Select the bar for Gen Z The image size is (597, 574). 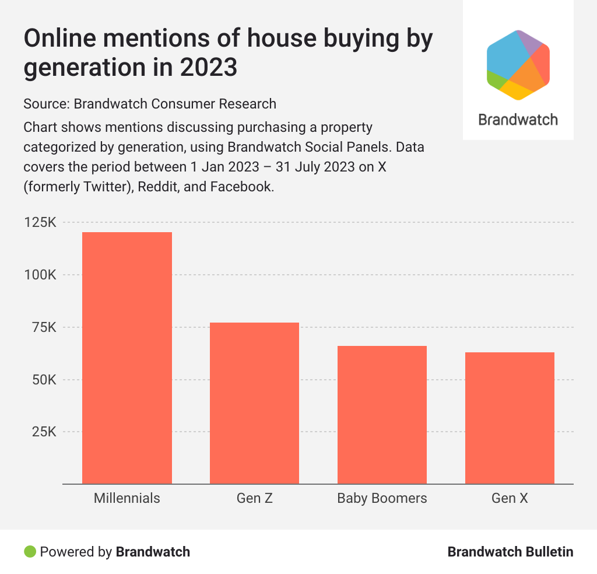pos(254,403)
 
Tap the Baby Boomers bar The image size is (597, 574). pos(382,415)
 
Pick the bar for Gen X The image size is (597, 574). pos(510,418)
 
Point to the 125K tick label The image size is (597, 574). pos(39,223)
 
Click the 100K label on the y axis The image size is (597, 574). pos(39,275)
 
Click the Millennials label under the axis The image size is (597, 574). pos(127,499)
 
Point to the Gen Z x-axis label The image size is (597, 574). pos(254,499)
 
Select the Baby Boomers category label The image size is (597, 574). pos(382,499)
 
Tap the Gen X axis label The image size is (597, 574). pos(510,499)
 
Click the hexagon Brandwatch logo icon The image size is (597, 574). pos(518,65)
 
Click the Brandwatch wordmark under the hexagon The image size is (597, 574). pos(518,120)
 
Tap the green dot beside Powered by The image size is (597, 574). pos(30,551)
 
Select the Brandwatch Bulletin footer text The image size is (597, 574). pos(510,552)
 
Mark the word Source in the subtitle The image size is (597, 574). pos(44,104)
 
